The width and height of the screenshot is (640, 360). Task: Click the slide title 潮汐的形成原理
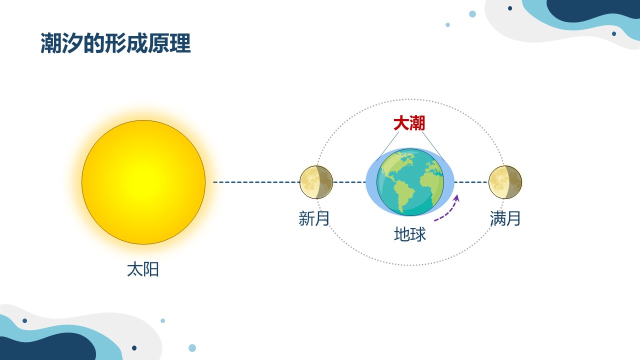click(x=115, y=43)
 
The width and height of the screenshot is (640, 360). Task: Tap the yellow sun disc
click(x=143, y=182)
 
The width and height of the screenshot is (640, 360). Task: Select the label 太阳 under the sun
click(x=143, y=269)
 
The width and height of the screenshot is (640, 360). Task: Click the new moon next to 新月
click(x=316, y=182)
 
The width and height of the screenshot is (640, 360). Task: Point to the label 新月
click(x=314, y=218)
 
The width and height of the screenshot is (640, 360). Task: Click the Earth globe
click(x=410, y=182)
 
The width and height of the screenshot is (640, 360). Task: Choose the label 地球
click(x=410, y=234)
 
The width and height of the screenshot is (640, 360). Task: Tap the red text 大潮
click(x=409, y=123)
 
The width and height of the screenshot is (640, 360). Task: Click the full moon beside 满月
click(x=505, y=182)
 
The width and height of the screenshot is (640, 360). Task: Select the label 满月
click(x=505, y=218)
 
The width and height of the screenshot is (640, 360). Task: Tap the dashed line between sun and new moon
click(x=256, y=182)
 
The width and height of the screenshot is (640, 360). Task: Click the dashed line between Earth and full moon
click(x=471, y=182)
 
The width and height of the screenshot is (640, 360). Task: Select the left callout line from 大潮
click(x=387, y=146)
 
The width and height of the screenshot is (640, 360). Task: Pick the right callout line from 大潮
click(x=433, y=146)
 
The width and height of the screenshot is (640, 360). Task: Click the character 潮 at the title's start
click(x=51, y=43)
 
